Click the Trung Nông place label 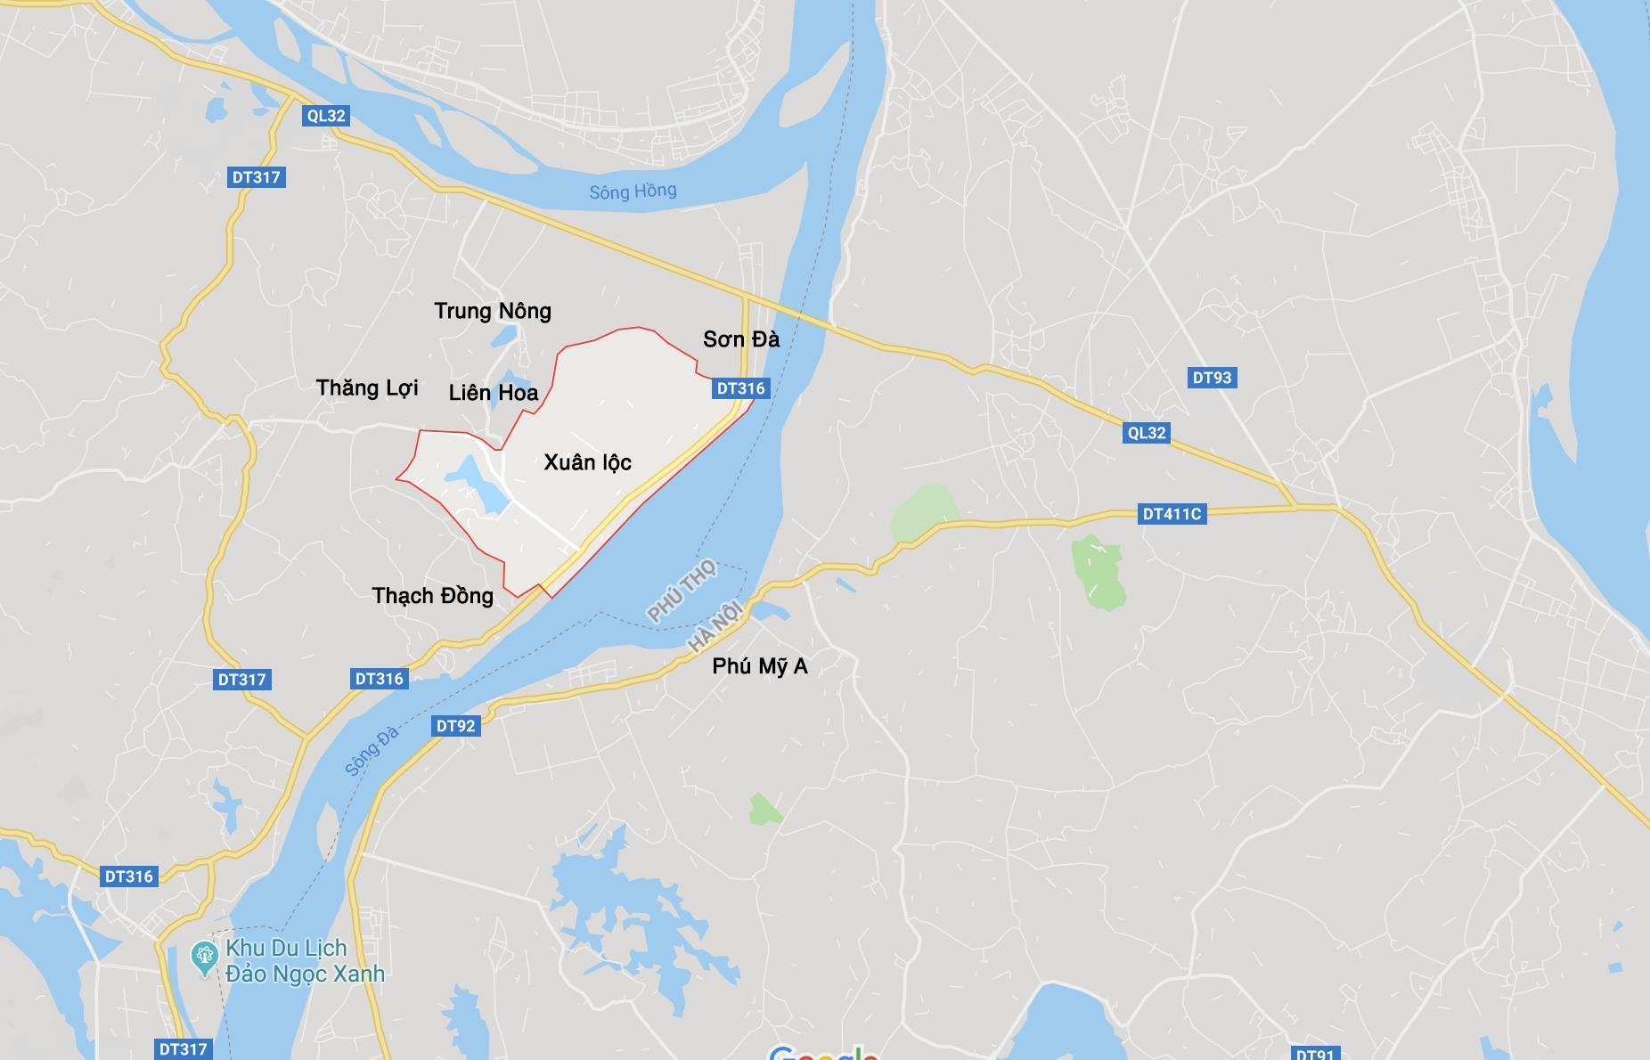[493, 311]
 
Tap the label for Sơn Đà [740, 339]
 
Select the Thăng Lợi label [367, 388]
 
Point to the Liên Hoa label [494, 393]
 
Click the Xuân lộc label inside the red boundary [587, 462]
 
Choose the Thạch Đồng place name [432, 596]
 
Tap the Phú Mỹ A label [760, 666]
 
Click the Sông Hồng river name [633, 192]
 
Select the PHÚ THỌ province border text [682, 591]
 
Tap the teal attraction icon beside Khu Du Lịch [205, 957]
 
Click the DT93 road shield [1212, 378]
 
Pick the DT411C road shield [1172, 514]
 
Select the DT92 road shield [455, 726]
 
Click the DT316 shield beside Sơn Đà [740, 388]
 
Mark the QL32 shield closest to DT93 [1146, 433]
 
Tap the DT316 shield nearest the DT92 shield [380, 679]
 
